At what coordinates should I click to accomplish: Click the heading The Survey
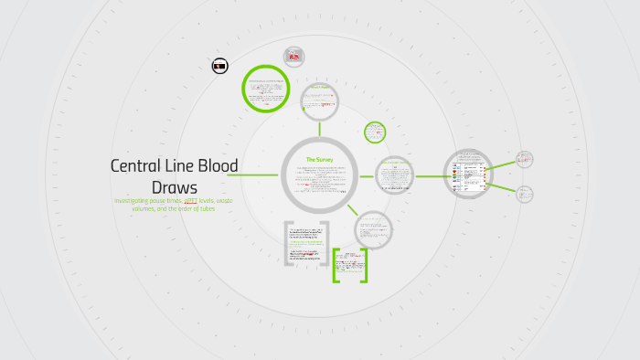click(x=319, y=160)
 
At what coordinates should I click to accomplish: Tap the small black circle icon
click(x=219, y=66)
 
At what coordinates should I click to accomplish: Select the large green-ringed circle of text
click(x=266, y=90)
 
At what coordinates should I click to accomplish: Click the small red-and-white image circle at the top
click(x=293, y=57)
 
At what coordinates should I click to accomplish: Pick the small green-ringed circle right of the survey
click(x=375, y=132)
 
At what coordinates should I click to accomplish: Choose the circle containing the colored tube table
click(x=468, y=174)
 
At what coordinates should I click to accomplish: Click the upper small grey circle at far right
click(x=524, y=159)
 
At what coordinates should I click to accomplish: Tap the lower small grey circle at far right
click(x=524, y=194)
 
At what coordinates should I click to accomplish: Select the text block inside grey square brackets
click(x=306, y=242)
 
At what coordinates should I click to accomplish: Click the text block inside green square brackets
click(x=349, y=265)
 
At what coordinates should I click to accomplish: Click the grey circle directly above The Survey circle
click(x=319, y=102)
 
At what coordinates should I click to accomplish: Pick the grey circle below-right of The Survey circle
click(x=372, y=229)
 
